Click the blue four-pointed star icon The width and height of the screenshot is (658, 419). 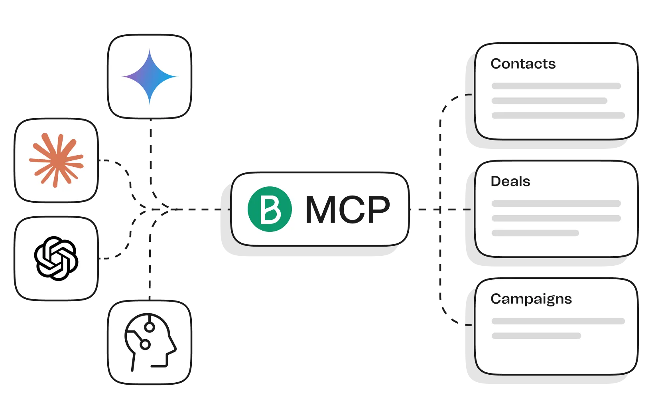point(150,77)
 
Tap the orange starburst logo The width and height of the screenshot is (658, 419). point(56,160)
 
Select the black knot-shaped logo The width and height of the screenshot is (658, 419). point(56,259)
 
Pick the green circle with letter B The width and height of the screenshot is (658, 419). point(270,209)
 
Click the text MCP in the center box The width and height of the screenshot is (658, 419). point(348,209)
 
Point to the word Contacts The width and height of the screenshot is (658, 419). point(523,64)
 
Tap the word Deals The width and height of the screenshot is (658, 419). point(510,181)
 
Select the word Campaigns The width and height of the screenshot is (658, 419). point(531,299)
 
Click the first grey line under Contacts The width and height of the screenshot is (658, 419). point(556,86)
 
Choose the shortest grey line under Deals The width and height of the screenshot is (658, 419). point(535,233)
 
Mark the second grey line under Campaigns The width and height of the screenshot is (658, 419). point(536,336)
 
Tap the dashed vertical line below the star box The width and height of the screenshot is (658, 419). point(151,165)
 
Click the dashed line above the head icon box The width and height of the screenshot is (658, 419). point(150,253)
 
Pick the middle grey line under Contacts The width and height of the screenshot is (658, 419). point(549,101)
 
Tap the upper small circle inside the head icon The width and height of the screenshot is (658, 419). point(150,327)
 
